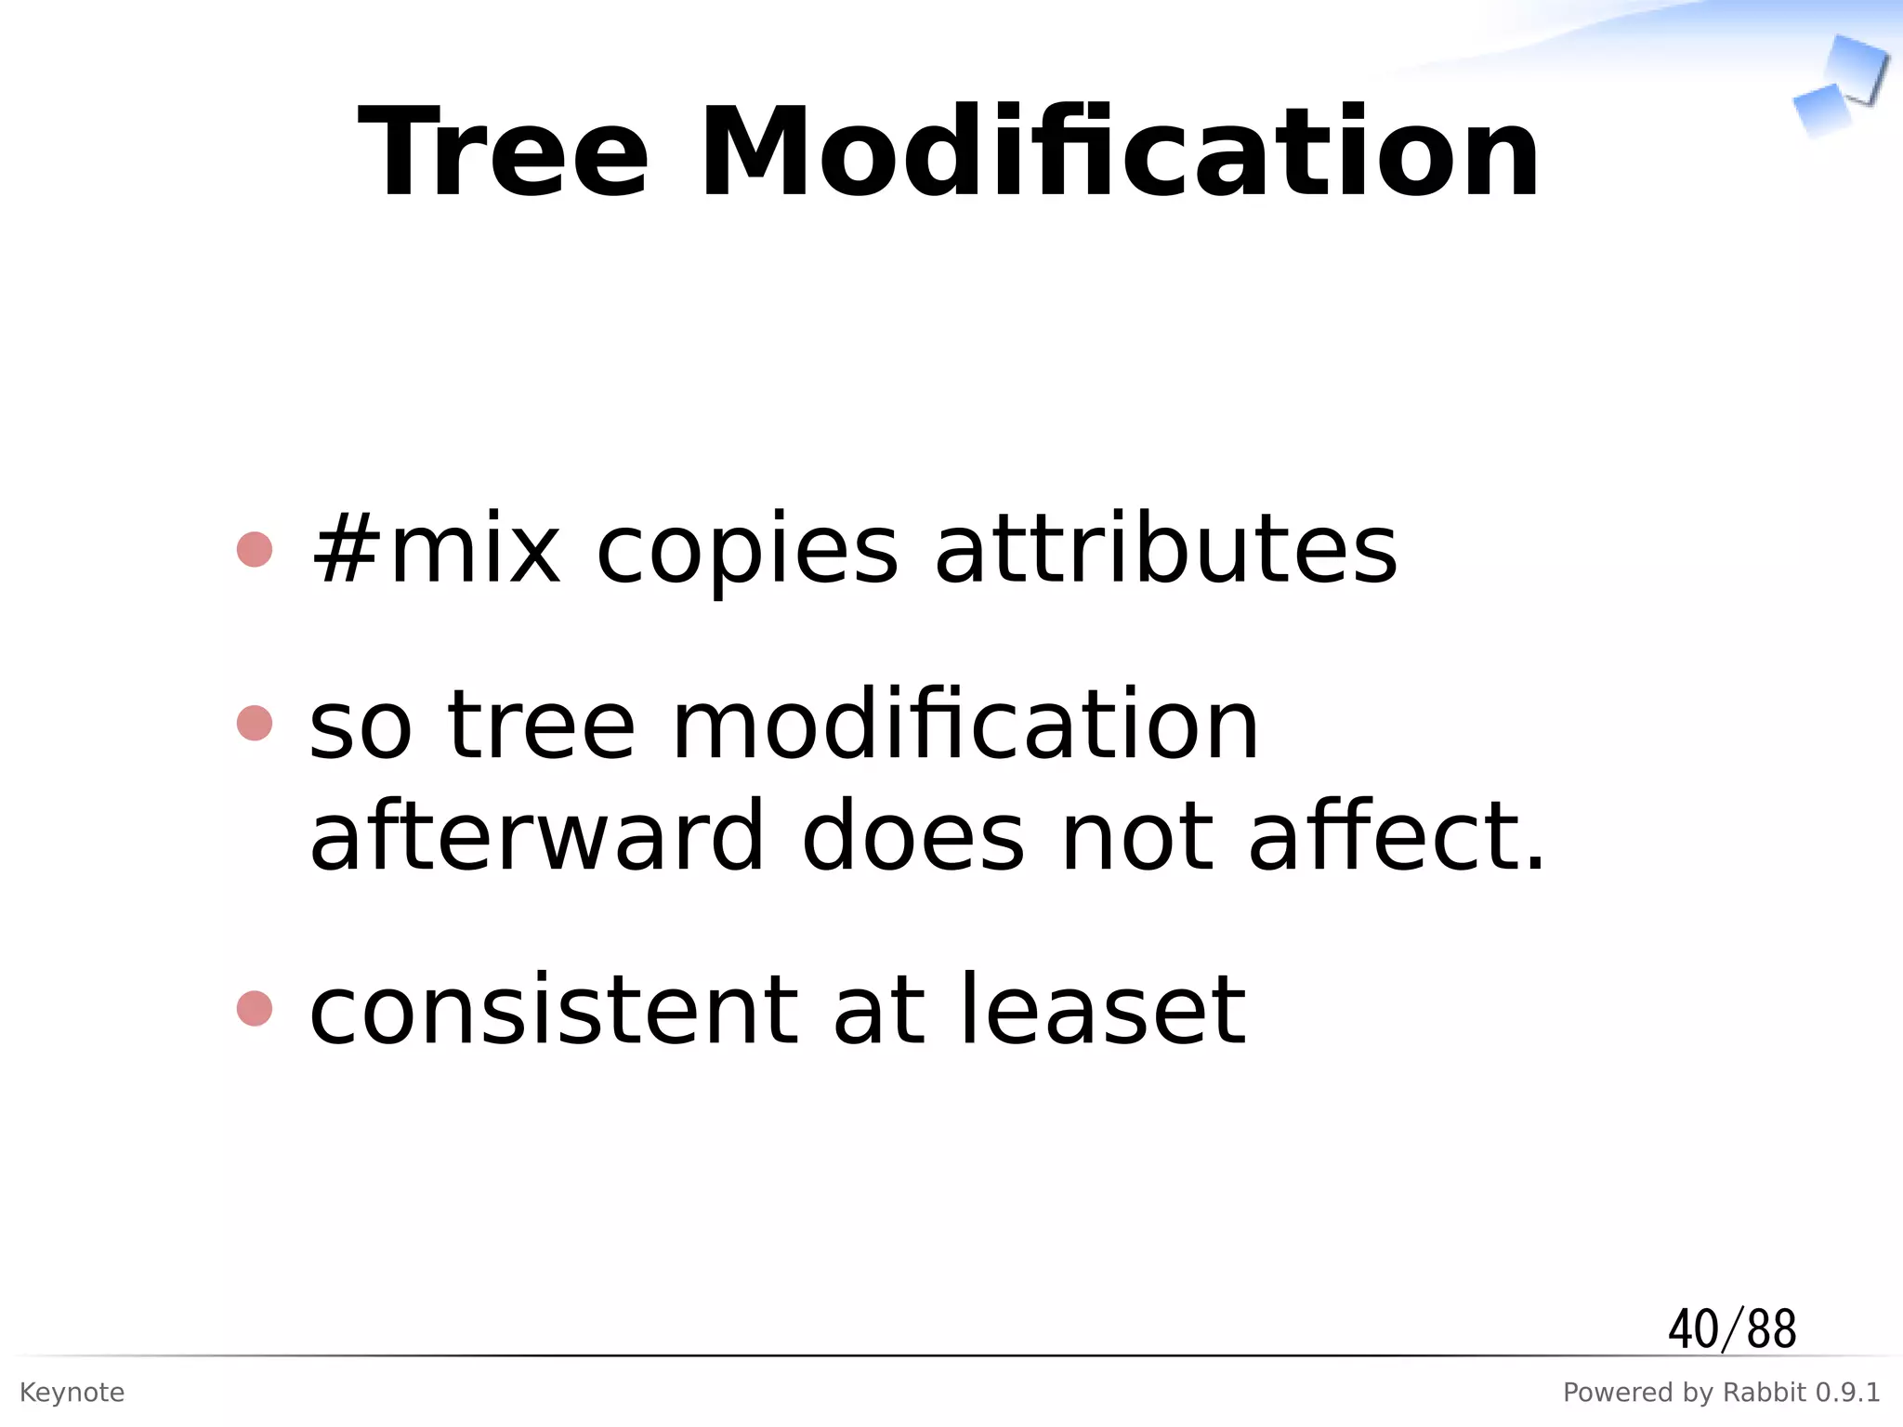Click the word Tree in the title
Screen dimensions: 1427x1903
click(503, 153)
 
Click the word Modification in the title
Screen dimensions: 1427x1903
click(1119, 153)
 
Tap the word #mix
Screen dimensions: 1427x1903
click(436, 551)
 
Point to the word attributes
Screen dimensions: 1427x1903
click(1165, 551)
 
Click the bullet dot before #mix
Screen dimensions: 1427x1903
click(255, 549)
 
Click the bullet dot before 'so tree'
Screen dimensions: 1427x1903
click(255, 723)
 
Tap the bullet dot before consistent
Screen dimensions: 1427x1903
click(255, 1009)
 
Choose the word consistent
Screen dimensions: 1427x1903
click(553, 1011)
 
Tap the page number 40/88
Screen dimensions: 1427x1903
click(1732, 1329)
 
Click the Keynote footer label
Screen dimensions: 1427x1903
click(72, 1393)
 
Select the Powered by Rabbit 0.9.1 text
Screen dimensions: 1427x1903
click(1721, 1393)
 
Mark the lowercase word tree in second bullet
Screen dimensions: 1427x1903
click(541, 725)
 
